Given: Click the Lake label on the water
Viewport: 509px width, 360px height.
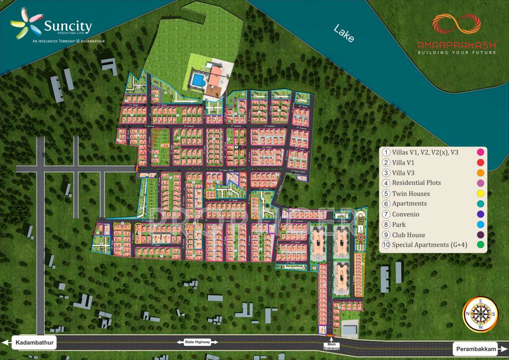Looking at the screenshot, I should (x=344, y=34).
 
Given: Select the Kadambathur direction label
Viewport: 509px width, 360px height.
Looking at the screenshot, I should (x=34, y=343).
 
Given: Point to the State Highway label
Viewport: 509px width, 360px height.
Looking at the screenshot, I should (x=197, y=342).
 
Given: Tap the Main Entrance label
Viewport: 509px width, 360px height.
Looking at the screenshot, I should (x=330, y=347).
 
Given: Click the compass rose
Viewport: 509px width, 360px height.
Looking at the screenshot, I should (x=480, y=314).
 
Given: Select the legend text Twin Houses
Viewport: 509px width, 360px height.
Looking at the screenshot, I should (x=411, y=194).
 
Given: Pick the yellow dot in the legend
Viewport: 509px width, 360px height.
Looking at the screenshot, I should (x=480, y=194).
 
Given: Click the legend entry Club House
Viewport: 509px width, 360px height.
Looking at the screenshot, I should (x=409, y=235).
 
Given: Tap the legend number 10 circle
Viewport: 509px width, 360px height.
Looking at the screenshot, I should (x=386, y=245).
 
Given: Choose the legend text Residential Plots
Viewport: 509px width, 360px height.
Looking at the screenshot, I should (x=417, y=183).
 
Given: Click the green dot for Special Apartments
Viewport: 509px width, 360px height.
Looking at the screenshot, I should (x=480, y=245).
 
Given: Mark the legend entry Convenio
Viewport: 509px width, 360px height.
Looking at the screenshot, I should (x=406, y=214).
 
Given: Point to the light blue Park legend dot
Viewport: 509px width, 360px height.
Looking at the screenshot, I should (x=480, y=225).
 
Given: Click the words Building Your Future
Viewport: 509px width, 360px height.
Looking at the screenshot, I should (x=456, y=52).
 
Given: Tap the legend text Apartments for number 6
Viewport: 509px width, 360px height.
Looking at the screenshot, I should (x=410, y=203).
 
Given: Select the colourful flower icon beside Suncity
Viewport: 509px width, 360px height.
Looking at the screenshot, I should (x=26, y=23).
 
